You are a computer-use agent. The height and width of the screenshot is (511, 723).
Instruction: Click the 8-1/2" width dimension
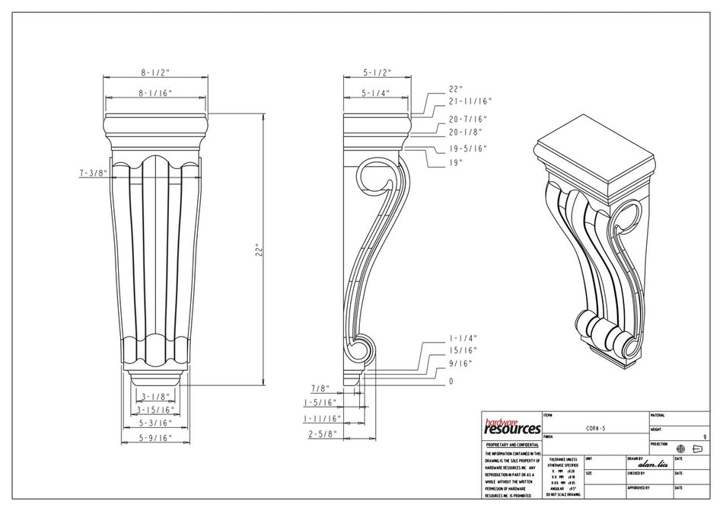click(154, 72)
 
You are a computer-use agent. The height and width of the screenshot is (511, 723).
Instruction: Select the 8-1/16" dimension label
click(154, 93)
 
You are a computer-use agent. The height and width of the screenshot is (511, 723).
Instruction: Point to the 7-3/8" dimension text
click(92, 174)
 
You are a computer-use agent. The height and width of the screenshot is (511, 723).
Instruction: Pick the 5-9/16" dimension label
click(154, 439)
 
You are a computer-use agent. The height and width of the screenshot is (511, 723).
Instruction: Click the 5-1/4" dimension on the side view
click(376, 93)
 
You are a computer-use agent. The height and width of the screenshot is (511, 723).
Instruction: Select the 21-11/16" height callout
click(471, 101)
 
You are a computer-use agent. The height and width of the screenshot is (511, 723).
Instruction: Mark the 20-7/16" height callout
click(467, 119)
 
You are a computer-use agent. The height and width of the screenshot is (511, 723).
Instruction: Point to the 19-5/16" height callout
click(467, 149)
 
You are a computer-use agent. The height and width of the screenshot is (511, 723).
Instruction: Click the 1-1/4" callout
click(461, 337)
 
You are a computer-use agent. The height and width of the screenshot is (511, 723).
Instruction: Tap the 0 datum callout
click(451, 381)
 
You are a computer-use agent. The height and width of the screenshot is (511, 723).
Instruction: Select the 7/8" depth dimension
click(319, 389)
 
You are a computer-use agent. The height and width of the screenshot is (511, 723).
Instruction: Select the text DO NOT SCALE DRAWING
click(562, 495)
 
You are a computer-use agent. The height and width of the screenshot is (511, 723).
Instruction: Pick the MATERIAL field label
click(658, 416)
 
